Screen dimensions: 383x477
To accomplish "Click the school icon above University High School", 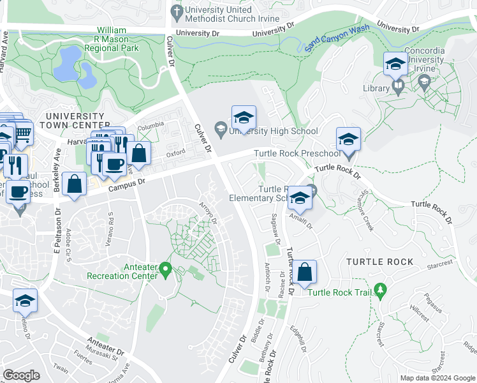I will (244, 119).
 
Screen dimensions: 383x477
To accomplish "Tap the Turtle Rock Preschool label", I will (297, 154).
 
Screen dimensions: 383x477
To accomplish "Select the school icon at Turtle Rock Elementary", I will (300, 199).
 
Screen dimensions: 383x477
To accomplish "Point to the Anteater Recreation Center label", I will (122, 271).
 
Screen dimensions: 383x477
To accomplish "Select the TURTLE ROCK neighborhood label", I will (379, 262).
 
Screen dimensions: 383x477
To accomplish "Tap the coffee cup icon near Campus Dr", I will (114, 164).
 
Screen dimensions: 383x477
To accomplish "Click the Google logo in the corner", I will (22, 375).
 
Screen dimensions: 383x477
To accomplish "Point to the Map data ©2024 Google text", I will (436, 378).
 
